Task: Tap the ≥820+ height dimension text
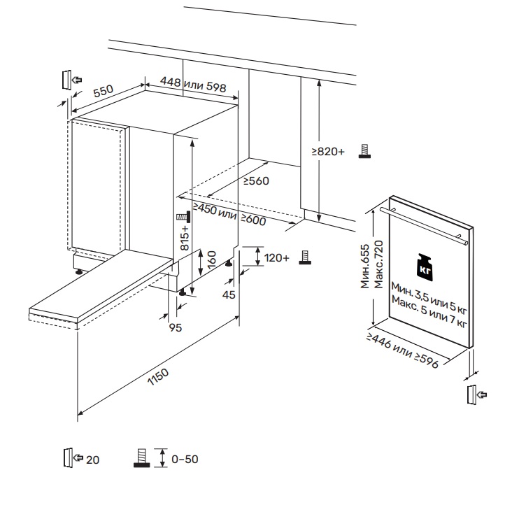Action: point(329,152)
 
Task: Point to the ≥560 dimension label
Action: point(256,181)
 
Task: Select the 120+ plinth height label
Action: point(277,258)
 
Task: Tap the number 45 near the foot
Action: point(228,294)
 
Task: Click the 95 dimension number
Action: point(176,327)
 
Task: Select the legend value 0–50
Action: point(185,460)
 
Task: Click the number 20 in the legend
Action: point(93,460)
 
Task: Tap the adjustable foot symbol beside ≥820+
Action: point(364,151)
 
